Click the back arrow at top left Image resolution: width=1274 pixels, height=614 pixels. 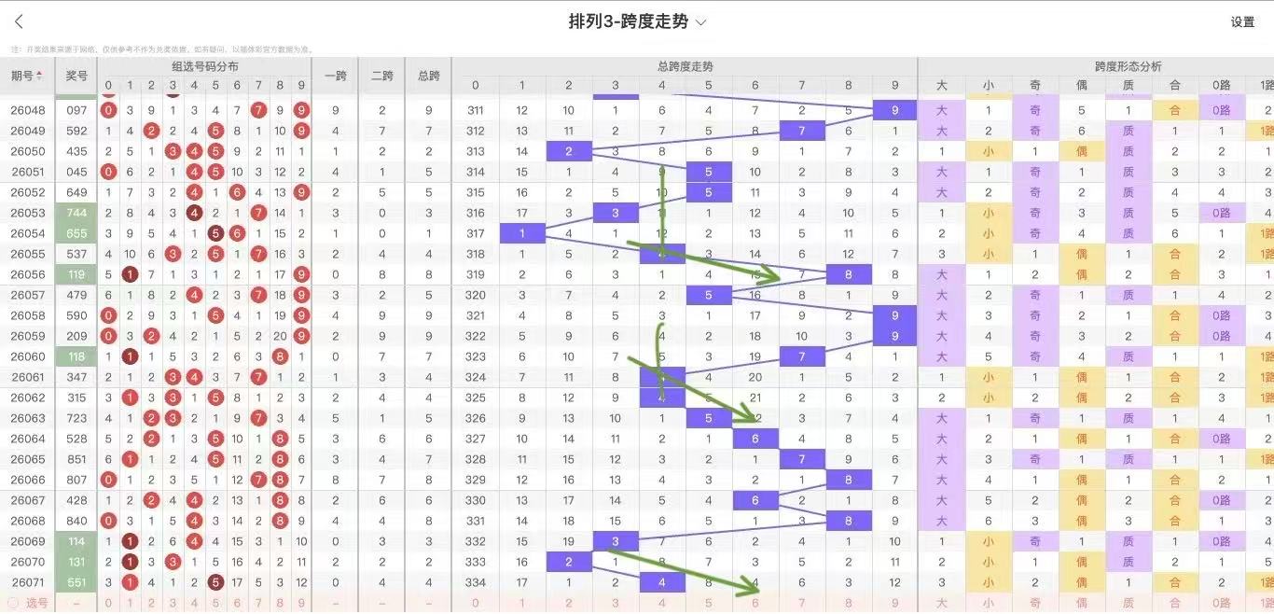[x=19, y=21]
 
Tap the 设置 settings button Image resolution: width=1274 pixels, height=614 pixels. [x=1242, y=22]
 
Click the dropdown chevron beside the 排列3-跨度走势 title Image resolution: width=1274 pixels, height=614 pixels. [x=701, y=21]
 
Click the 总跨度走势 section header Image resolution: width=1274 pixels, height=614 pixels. [x=685, y=66]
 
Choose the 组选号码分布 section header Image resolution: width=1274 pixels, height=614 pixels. [x=204, y=66]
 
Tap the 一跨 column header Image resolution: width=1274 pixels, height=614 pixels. [x=335, y=76]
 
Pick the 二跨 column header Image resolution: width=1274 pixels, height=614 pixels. [x=381, y=76]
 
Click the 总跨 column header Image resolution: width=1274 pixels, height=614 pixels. [x=428, y=76]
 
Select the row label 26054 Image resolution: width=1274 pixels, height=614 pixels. [x=28, y=233]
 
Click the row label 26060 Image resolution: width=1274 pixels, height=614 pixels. [x=28, y=356]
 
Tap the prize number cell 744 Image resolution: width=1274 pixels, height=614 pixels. [x=76, y=213]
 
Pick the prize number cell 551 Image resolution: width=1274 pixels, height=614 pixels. [x=76, y=582]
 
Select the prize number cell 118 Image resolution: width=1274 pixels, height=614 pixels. [x=76, y=356]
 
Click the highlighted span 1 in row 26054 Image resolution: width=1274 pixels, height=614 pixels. [x=522, y=233]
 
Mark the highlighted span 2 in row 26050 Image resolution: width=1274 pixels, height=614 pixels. [x=569, y=151]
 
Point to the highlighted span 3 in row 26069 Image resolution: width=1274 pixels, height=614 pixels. [x=616, y=541]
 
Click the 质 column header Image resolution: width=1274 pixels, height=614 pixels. [x=1128, y=86]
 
